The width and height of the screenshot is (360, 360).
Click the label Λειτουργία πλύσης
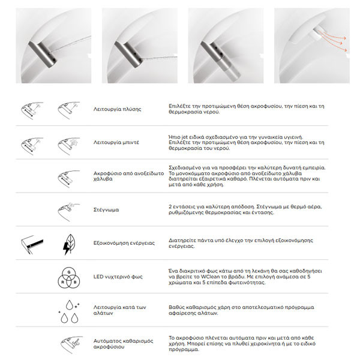[118, 109]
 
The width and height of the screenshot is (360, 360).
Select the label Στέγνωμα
[106, 210]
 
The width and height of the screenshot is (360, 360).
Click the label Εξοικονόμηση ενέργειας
[124, 243]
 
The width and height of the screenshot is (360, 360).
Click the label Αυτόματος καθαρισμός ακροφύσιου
[120, 343]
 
